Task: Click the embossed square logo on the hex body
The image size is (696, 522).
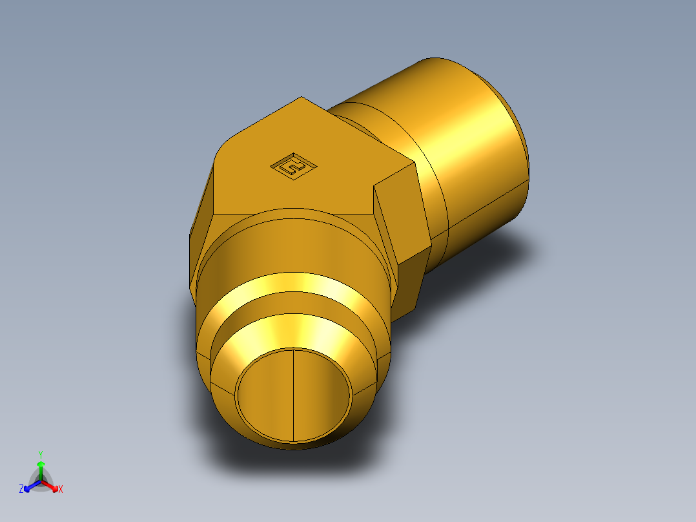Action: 294,167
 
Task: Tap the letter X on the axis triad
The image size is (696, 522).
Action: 61,490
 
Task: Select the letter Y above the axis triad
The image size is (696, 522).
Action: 40,454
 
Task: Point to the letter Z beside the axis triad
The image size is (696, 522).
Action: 21,489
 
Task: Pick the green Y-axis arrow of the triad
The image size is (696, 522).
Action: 41,468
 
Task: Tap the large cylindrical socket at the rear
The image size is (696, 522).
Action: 465,149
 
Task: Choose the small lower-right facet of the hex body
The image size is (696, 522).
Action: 413,284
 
